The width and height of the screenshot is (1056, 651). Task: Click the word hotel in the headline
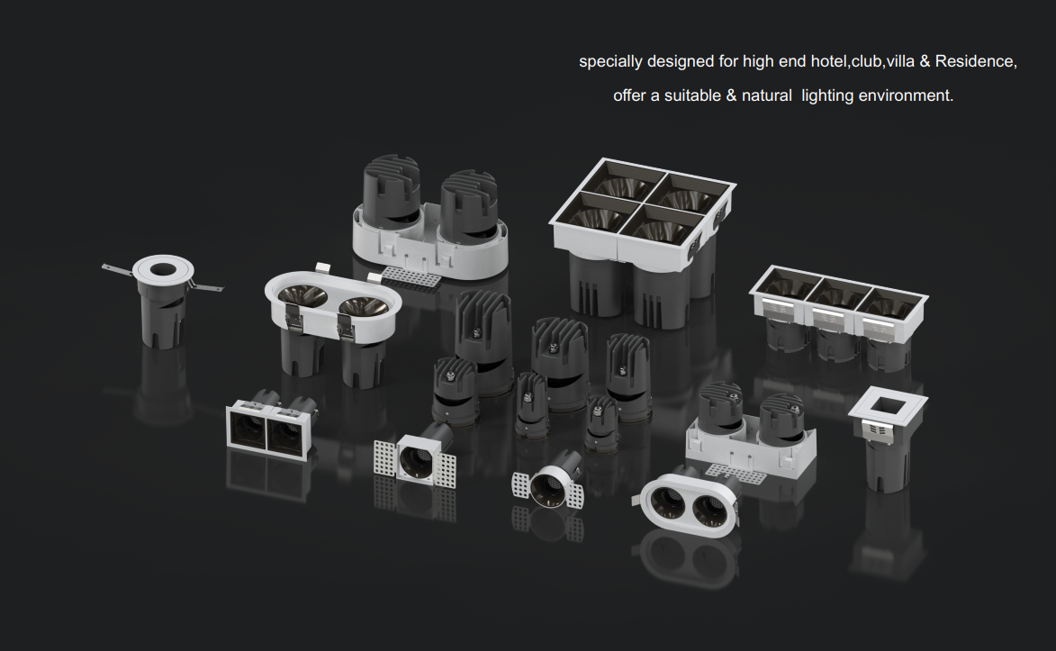pos(828,61)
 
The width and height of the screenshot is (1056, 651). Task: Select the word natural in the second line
pos(766,95)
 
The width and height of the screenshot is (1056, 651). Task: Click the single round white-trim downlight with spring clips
pos(163,300)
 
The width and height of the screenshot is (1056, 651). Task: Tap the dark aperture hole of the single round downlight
pos(162,270)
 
